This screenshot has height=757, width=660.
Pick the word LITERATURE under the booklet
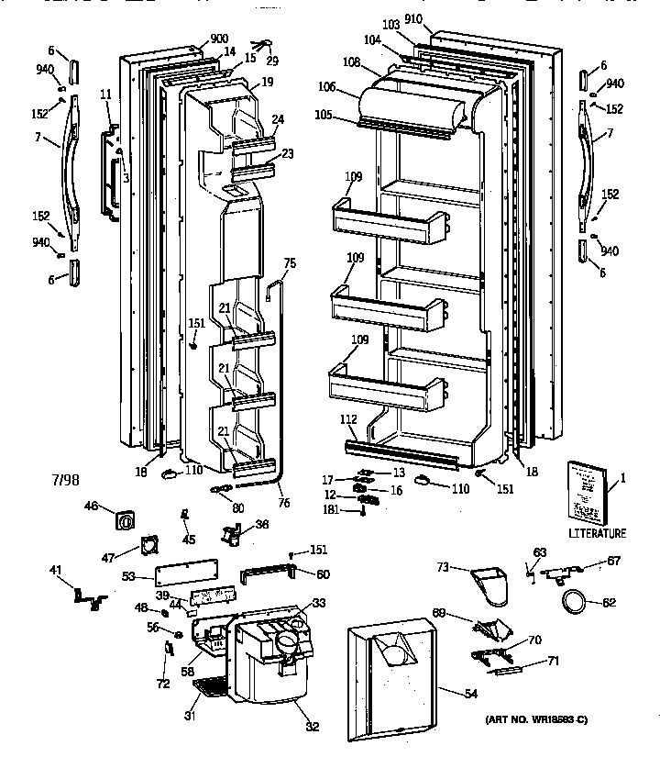pos(597,533)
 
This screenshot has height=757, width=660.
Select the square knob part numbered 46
pos(125,520)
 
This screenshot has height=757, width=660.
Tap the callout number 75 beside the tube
pos(290,262)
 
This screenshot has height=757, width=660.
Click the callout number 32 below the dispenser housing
pos(312,728)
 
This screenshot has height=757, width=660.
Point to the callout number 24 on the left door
pos(277,118)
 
